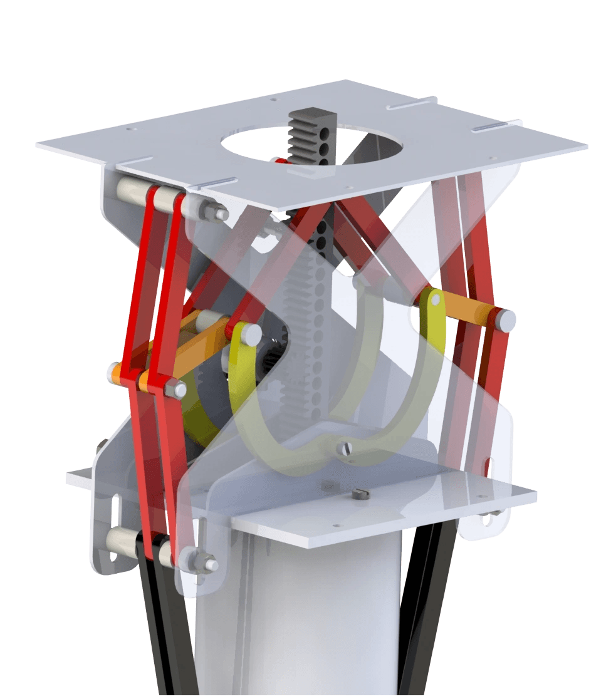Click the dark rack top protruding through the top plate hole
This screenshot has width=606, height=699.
point(311,128)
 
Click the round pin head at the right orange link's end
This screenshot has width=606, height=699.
point(506,320)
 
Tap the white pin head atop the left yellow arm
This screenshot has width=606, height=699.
point(249,333)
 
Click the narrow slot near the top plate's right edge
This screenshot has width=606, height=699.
point(496,127)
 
